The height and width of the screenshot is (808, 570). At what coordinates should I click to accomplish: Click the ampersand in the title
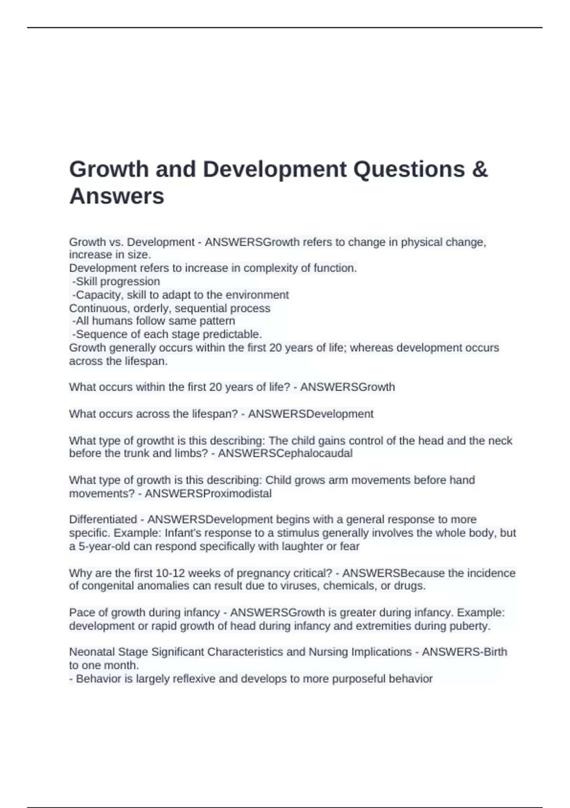tap(480, 170)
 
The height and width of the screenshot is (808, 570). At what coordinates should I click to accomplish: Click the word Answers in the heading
tap(117, 196)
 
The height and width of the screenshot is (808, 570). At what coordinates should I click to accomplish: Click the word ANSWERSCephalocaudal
tap(285, 453)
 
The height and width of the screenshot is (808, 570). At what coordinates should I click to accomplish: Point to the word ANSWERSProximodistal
tap(208, 493)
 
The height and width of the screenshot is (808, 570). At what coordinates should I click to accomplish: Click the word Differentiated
tap(103, 519)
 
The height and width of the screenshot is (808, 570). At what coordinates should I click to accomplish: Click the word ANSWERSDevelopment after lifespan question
tap(311, 414)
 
